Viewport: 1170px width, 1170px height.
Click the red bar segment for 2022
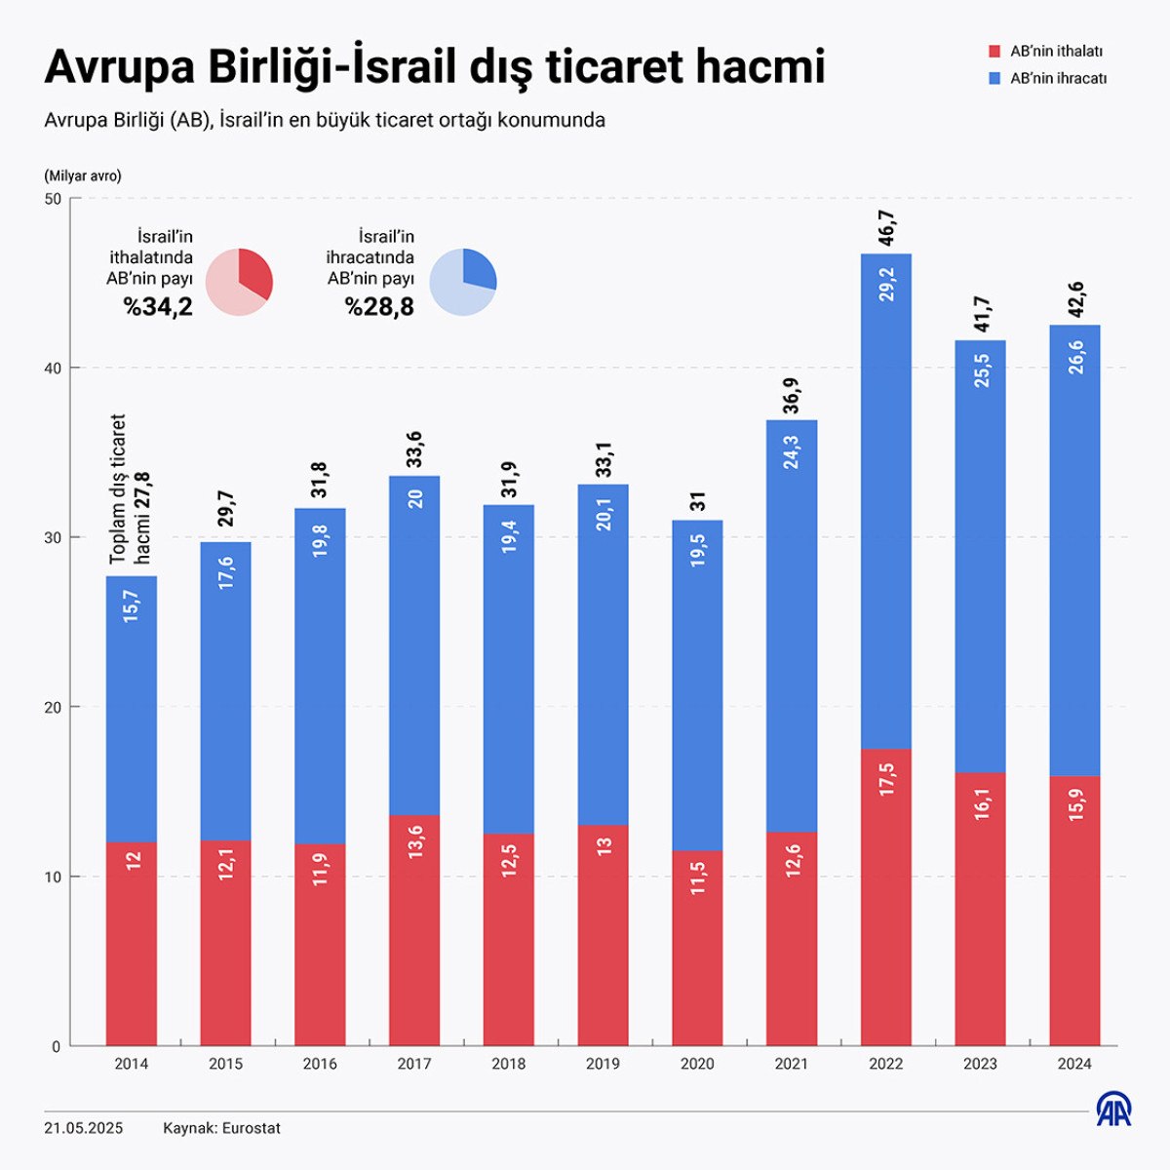pos(885,897)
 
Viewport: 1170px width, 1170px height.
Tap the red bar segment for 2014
pos(132,943)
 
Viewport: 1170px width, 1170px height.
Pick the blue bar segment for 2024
pos(1074,550)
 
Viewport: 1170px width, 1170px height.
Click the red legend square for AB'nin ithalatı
pos(994,52)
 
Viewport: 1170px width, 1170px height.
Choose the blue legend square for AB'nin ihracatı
pos(994,78)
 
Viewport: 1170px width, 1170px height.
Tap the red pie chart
pos(240,282)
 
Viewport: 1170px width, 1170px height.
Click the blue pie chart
pos(463,282)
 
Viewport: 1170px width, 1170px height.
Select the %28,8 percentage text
pos(379,307)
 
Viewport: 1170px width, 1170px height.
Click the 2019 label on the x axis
pos(603,1064)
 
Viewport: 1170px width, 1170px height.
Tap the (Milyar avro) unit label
pos(83,176)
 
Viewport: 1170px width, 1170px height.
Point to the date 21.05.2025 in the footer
pos(84,1128)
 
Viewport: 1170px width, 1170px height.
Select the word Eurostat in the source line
pos(252,1128)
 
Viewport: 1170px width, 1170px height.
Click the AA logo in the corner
pos(1114,1110)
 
